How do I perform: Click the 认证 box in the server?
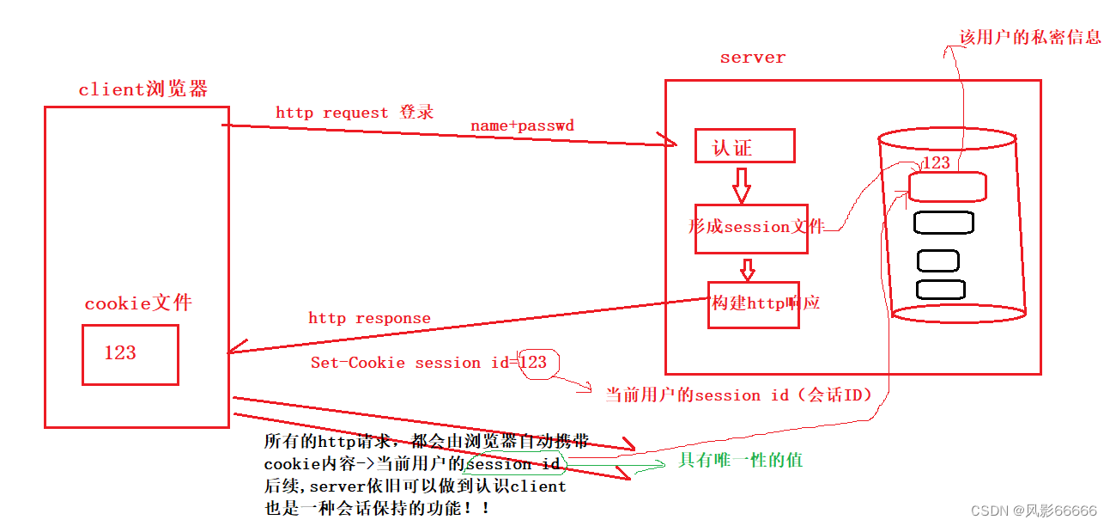(x=744, y=147)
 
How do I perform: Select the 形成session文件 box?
(x=751, y=229)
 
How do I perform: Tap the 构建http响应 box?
(x=753, y=304)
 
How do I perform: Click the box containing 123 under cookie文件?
(x=130, y=354)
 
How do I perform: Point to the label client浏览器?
(x=143, y=89)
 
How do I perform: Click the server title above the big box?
(x=752, y=58)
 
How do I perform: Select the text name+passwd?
(x=522, y=125)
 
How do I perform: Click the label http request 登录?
(x=355, y=113)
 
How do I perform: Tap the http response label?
(x=369, y=318)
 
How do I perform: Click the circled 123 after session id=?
(x=534, y=362)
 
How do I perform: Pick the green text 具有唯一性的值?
(x=740, y=460)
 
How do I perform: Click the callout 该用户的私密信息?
(x=1029, y=37)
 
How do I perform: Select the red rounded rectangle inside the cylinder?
(x=947, y=187)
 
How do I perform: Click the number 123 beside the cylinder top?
(x=936, y=162)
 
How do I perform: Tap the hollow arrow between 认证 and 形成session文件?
(x=742, y=183)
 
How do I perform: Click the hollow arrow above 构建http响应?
(x=748, y=268)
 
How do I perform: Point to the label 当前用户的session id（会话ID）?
(x=738, y=395)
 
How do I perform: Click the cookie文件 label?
(x=138, y=303)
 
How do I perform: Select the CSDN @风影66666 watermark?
(x=1034, y=511)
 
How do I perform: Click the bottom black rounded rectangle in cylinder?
(x=940, y=290)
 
